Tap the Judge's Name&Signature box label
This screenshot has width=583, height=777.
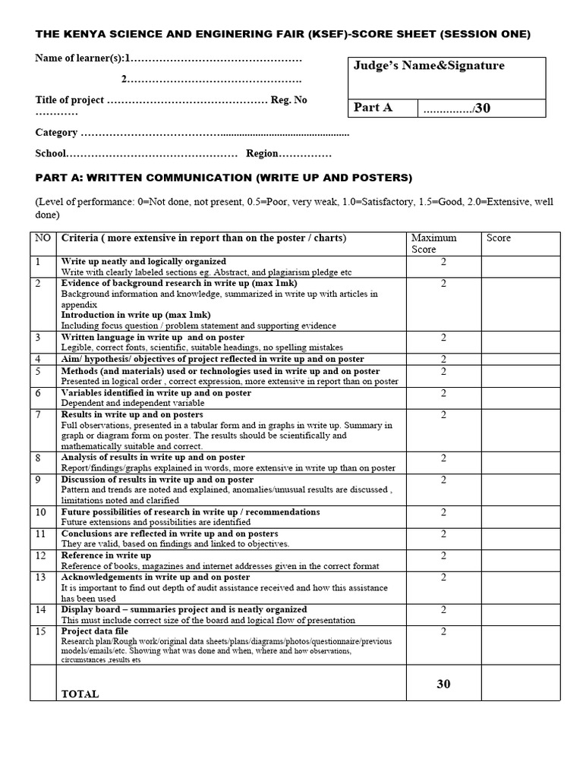[x=429, y=66]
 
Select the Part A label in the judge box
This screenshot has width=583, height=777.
[x=373, y=108]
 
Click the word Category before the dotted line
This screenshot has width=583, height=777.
[x=56, y=133]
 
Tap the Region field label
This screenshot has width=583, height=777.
[x=262, y=153]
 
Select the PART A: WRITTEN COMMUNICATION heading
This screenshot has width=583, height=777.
[x=224, y=178]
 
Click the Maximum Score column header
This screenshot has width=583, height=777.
[x=434, y=243]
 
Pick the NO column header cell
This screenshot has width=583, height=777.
[x=43, y=238]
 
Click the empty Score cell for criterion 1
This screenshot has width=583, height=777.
[x=520, y=266]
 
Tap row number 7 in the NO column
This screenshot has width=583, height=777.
[x=38, y=415]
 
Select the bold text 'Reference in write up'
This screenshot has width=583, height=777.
[x=106, y=555]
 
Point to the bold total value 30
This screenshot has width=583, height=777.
[x=443, y=684]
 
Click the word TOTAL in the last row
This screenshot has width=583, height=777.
[x=80, y=694]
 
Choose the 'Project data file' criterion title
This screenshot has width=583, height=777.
[x=95, y=631]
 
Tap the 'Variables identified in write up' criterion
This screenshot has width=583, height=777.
[x=156, y=393]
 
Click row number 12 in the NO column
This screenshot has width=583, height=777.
[x=39, y=556]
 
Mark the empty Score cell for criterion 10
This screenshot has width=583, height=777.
[x=520, y=517]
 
